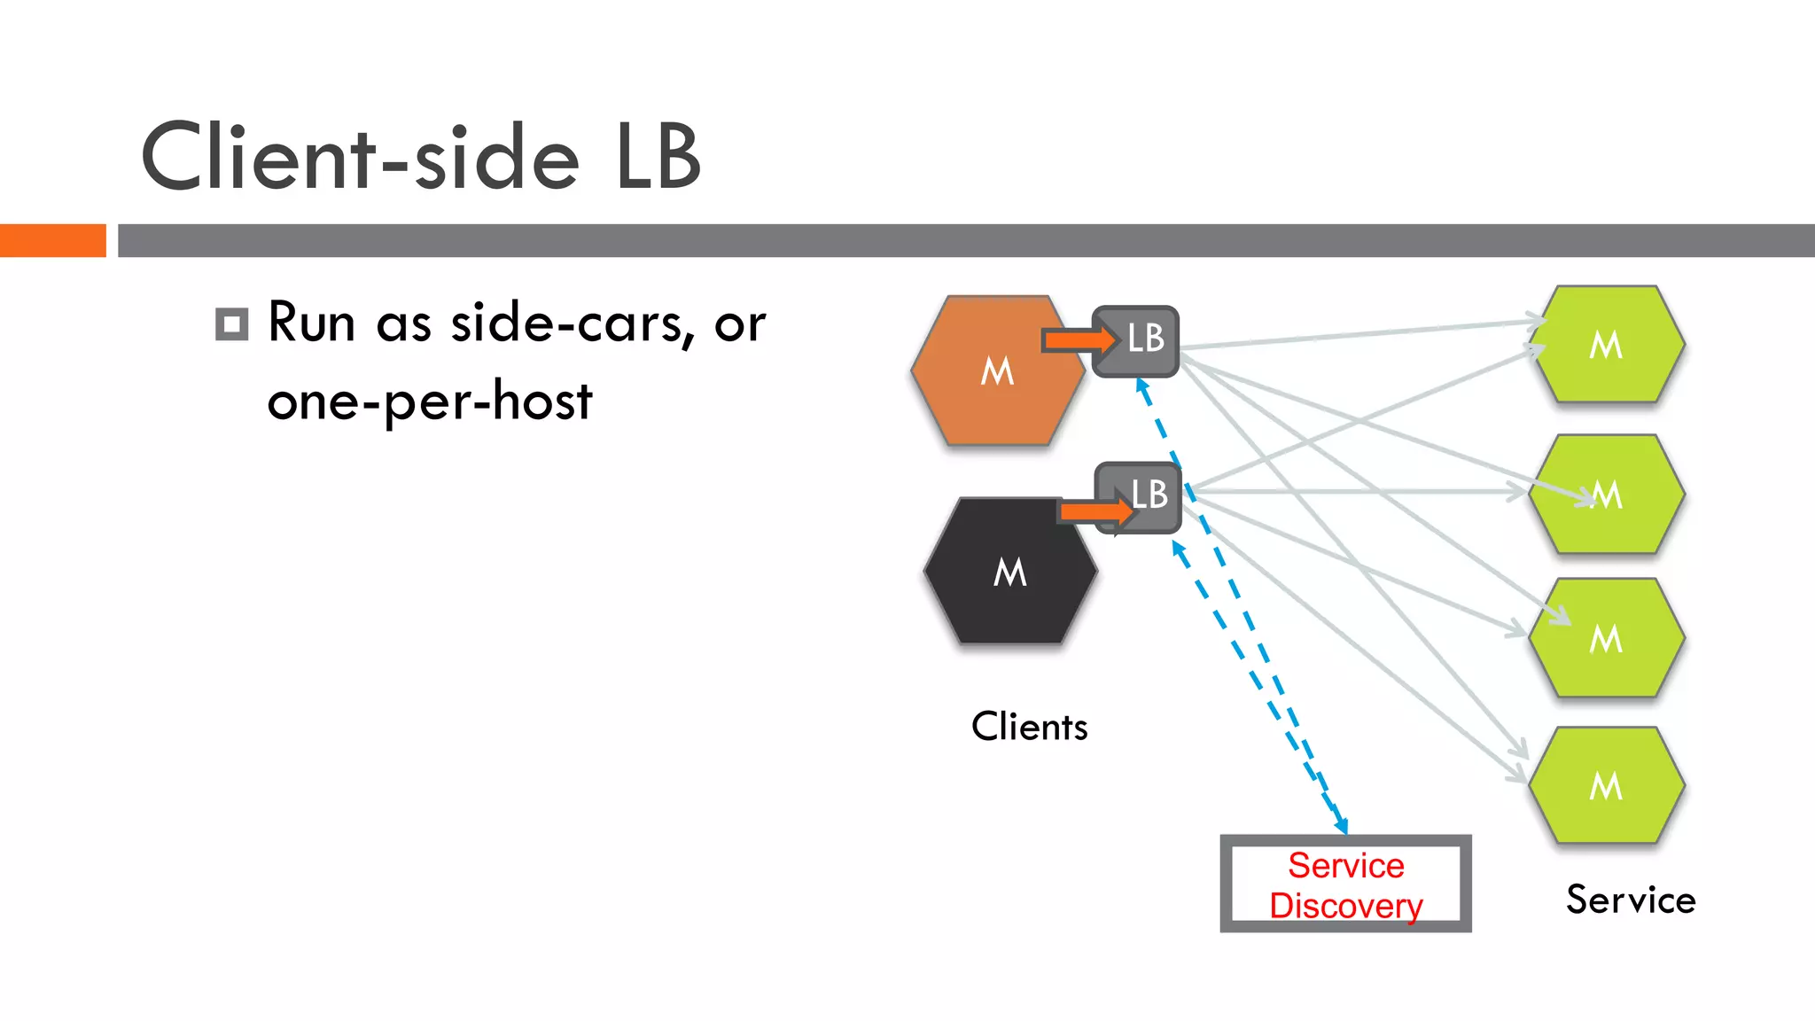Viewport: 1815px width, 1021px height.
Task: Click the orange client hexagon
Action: pyautogui.click(x=984, y=390)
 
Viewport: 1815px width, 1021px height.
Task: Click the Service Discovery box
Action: pyautogui.click(x=1345, y=884)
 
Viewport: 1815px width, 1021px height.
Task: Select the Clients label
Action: pyautogui.click(x=1029, y=727)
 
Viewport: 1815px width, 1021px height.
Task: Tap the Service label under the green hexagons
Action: pyautogui.click(x=1630, y=900)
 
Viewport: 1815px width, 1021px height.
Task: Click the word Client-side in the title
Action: pyautogui.click(x=360, y=158)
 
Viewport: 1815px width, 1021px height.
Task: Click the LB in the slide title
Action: pyautogui.click(x=658, y=158)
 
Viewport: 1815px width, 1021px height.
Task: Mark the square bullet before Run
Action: pyautogui.click(x=232, y=324)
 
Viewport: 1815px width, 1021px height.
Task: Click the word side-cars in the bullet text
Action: pyautogui.click(x=567, y=323)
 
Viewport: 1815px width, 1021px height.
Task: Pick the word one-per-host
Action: pyautogui.click(x=430, y=401)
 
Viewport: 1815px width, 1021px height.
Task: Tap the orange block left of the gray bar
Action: pyautogui.click(x=52, y=240)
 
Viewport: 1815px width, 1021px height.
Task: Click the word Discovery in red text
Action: pyautogui.click(x=1345, y=906)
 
